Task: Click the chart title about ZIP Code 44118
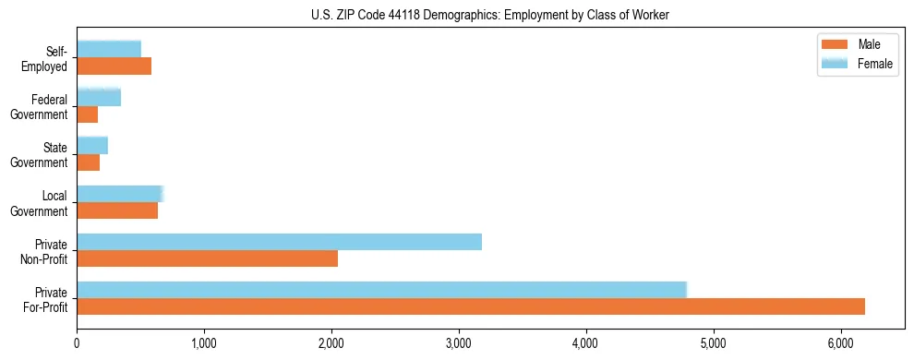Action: [489, 15]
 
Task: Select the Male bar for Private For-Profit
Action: [471, 306]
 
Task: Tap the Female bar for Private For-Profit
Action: [381, 290]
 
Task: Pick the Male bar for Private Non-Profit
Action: [207, 258]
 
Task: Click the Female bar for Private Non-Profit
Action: [279, 242]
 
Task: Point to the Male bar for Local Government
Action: [117, 210]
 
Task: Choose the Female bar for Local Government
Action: [120, 194]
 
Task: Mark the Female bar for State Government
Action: [92, 146]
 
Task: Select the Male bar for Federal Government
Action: [87, 114]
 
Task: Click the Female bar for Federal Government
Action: [99, 98]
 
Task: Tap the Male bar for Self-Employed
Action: [114, 66]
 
